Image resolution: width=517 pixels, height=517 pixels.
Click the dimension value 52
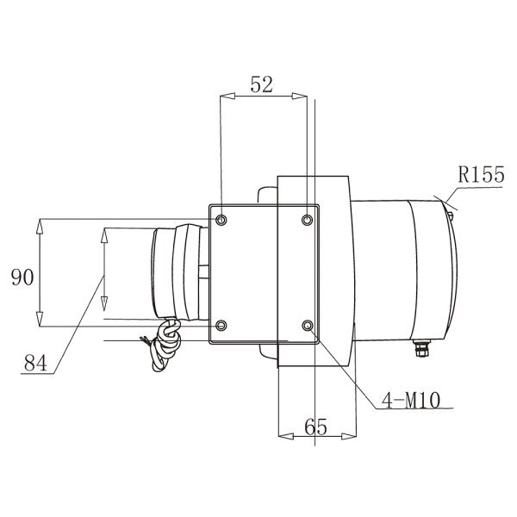pos(261,84)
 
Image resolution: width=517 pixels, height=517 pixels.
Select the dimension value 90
pos(22,277)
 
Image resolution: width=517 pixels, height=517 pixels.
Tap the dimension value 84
pos(34,364)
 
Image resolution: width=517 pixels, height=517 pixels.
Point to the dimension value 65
pos(316,425)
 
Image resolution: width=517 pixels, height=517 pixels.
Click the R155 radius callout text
pos(481,176)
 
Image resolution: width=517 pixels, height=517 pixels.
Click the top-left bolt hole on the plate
pos(222,220)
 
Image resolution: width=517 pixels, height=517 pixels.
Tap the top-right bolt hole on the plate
pos(308,220)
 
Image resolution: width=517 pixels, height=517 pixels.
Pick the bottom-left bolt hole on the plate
pos(222,326)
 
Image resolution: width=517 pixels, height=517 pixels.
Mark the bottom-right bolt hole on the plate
pos(308,326)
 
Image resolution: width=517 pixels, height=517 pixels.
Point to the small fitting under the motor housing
pos(421,346)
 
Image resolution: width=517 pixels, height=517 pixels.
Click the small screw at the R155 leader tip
pos(449,206)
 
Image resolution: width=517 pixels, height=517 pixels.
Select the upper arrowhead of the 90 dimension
pos(41,226)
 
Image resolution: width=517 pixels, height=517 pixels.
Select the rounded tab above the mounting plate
pos(264,196)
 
